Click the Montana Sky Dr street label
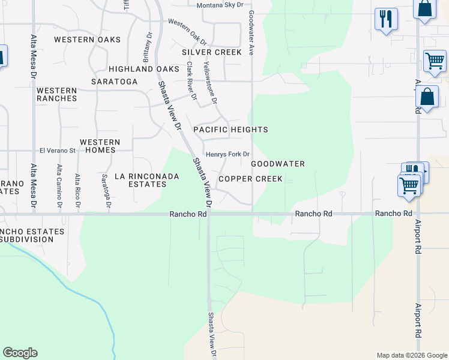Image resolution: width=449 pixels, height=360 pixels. pyautogui.click(x=220, y=5)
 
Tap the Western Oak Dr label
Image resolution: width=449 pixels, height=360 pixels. pyautogui.click(x=187, y=32)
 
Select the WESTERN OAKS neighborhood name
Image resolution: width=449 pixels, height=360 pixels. pyautogui.click(x=87, y=40)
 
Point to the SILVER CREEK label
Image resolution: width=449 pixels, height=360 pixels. pyautogui.click(x=212, y=52)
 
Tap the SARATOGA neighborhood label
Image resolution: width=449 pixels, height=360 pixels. pyautogui.click(x=114, y=82)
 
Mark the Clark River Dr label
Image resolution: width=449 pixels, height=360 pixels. pyautogui.click(x=191, y=80)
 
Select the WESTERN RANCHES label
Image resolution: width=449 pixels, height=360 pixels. pyautogui.click(x=56, y=94)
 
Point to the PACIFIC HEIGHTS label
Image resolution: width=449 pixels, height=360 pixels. pyautogui.click(x=231, y=130)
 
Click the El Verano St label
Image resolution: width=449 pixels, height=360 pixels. pyautogui.click(x=57, y=151)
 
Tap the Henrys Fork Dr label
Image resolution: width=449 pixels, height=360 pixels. pyautogui.click(x=228, y=154)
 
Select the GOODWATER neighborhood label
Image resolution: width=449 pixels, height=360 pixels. pyautogui.click(x=278, y=164)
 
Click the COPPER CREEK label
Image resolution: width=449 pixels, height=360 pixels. pyautogui.click(x=250, y=179)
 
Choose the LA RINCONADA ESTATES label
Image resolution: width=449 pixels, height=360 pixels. pyautogui.click(x=139, y=180)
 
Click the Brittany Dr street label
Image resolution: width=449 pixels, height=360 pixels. pyautogui.click(x=145, y=48)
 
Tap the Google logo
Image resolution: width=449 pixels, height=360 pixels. pyautogui.click(x=20, y=353)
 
